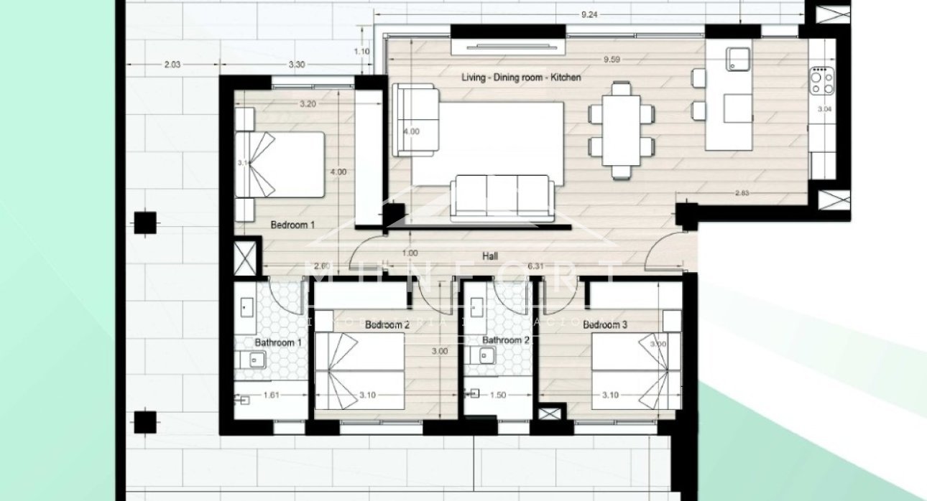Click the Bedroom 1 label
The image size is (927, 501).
292,225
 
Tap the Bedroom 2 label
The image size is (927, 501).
387,325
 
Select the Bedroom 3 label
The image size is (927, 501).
605,325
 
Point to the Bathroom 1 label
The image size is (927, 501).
277,343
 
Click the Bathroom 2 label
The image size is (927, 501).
505,340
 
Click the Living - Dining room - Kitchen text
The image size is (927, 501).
521,78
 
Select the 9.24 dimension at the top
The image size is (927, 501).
589,14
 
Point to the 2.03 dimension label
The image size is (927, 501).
172,65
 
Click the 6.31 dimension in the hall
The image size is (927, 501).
535,266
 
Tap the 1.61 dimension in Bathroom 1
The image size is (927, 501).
270,395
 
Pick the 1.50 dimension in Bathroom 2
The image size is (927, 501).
497,395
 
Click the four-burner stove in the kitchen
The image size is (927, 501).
821,80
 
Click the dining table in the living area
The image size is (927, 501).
622,130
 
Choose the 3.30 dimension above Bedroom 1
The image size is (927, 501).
297,65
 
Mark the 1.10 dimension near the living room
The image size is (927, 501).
361,51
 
